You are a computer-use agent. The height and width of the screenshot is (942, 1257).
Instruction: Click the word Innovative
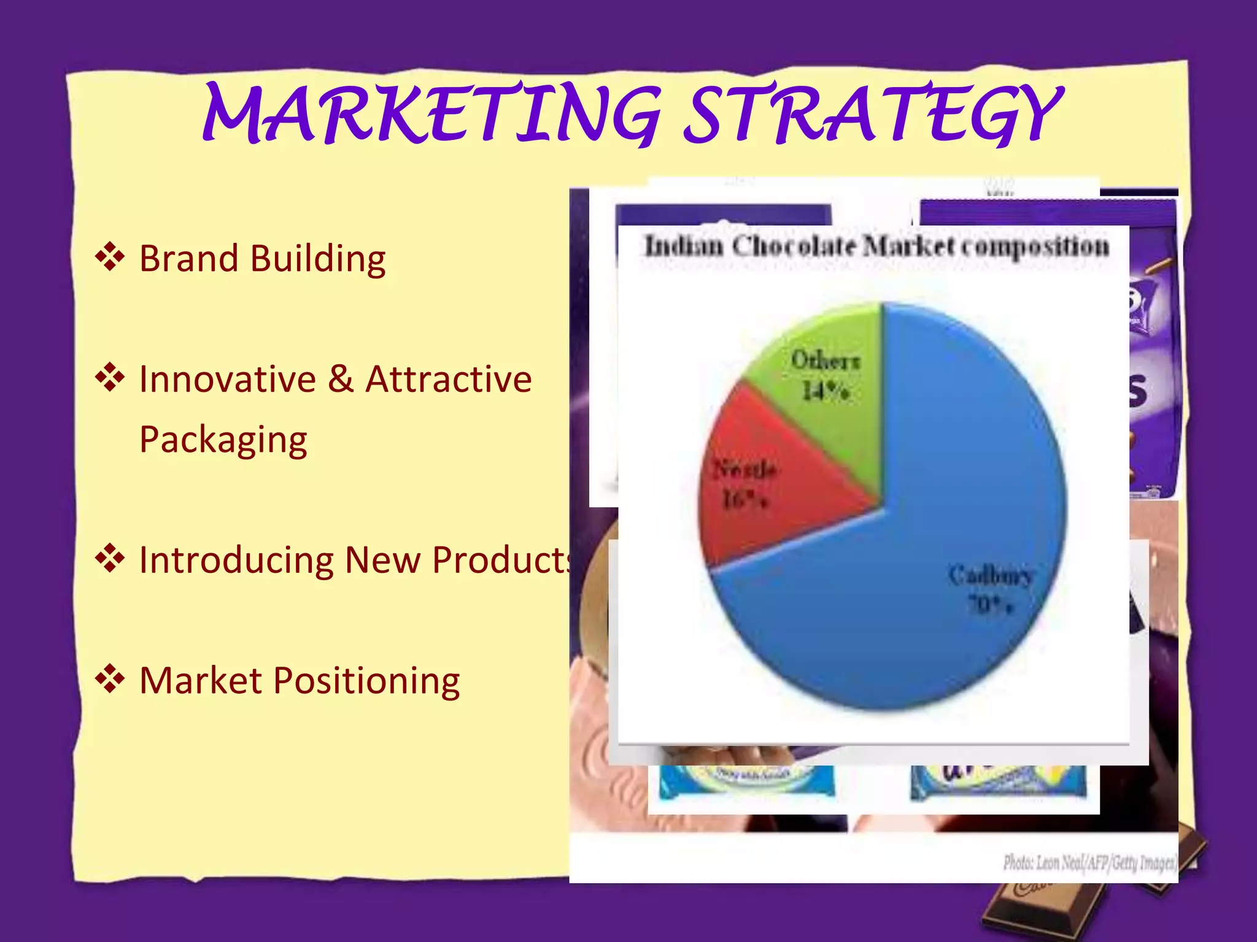coord(227,379)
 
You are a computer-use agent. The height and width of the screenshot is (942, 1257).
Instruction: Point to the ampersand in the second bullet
coord(341,379)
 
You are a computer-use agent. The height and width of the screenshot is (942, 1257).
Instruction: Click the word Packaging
coord(223,440)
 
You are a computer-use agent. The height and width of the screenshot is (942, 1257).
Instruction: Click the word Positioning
coord(366,681)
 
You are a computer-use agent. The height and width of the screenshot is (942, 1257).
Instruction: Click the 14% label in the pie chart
coord(826,391)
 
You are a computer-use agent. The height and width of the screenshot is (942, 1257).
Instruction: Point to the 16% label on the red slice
coord(744,500)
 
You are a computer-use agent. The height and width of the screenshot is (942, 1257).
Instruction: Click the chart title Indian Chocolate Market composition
coord(876,247)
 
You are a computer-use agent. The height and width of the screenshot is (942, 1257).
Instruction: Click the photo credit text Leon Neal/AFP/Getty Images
coord(1089,863)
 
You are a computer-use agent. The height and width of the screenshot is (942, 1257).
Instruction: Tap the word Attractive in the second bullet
coord(449,379)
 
